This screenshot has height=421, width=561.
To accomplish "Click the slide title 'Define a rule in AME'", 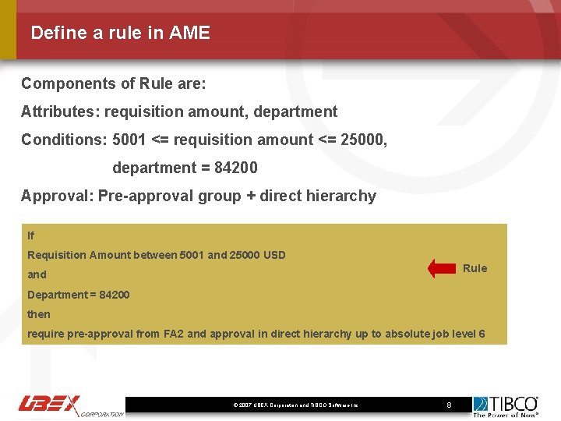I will click(x=120, y=33).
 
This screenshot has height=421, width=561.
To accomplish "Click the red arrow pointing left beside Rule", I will click(x=442, y=268).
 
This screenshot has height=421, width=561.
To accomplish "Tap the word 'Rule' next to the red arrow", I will click(x=475, y=268).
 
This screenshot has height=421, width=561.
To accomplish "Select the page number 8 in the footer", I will click(x=449, y=405).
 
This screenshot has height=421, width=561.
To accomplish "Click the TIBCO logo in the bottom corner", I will click(x=506, y=405).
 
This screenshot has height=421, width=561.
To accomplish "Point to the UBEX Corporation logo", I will click(x=70, y=405).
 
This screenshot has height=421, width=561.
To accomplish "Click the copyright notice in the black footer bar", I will click(x=295, y=405).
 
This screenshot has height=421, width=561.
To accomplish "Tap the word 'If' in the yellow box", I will click(x=31, y=235).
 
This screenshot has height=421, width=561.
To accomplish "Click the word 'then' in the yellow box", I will click(x=39, y=314).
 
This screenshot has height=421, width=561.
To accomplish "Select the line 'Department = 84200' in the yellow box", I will click(x=79, y=295).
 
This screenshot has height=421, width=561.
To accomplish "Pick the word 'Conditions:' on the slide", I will click(x=64, y=140).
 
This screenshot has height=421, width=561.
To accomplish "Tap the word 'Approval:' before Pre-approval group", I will click(x=57, y=196).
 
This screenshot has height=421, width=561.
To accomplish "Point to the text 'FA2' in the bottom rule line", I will click(x=174, y=334).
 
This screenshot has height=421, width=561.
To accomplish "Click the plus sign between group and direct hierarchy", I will click(x=250, y=196).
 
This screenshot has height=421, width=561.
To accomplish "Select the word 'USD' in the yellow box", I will click(x=275, y=255).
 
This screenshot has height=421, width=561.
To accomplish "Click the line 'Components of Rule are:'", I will click(x=113, y=83).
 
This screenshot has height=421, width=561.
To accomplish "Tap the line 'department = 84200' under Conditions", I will click(x=185, y=168).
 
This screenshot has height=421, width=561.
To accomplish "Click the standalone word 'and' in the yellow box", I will click(x=37, y=274).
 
